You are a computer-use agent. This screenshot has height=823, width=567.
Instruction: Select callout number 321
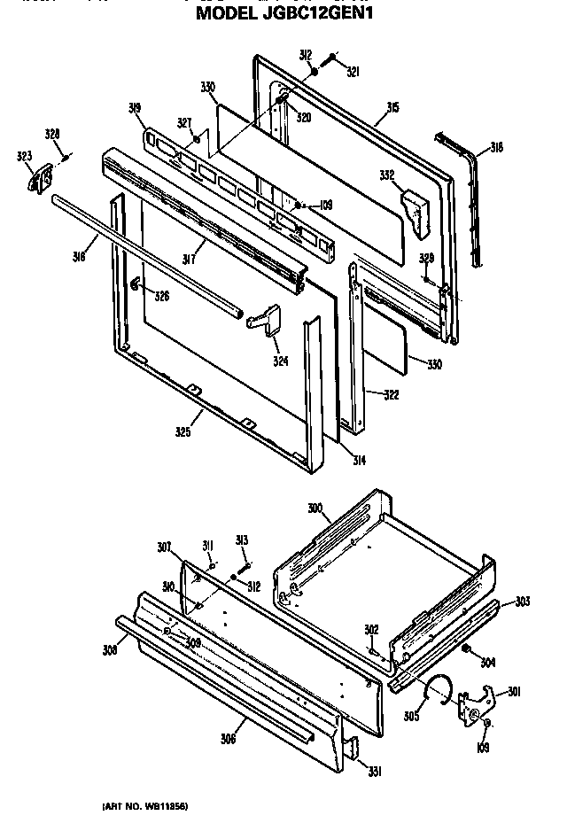click(x=352, y=71)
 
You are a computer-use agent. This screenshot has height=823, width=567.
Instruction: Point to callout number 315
click(x=392, y=108)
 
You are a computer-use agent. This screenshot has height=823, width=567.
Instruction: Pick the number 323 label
click(x=24, y=157)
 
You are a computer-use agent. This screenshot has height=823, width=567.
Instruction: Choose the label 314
click(x=359, y=462)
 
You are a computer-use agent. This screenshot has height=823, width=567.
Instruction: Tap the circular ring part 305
click(x=438, y=687)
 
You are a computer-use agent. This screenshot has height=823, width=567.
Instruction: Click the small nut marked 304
click(x=464, y=649)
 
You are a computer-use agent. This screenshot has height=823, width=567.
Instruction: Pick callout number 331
click(x=375, y=772)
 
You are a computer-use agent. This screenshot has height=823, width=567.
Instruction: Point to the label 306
click(x=228, y=739)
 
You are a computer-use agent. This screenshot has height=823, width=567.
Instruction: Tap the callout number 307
click(x=165, y=547)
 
